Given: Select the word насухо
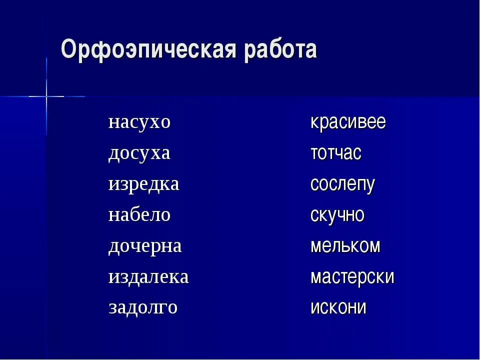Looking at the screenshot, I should pos(139,122).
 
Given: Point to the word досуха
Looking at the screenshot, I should pos(139,153).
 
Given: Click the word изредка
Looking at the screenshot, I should pos(143,184).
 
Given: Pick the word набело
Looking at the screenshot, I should pos(139,215).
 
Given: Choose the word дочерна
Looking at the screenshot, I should pos(145,246).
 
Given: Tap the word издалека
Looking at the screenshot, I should pos(148,277).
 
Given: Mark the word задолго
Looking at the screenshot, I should pos(143,307).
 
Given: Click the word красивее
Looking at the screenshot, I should pos(348,122).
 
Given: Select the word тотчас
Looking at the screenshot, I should pos(335,153).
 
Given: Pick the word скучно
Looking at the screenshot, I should pos(337,215).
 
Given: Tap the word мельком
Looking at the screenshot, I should pos(345,246).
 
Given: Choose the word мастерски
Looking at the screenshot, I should pos(352,277).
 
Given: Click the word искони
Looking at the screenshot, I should pos(338,307).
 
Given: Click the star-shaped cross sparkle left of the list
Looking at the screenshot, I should pos(46,95).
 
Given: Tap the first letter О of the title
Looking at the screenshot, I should pos(68,50).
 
